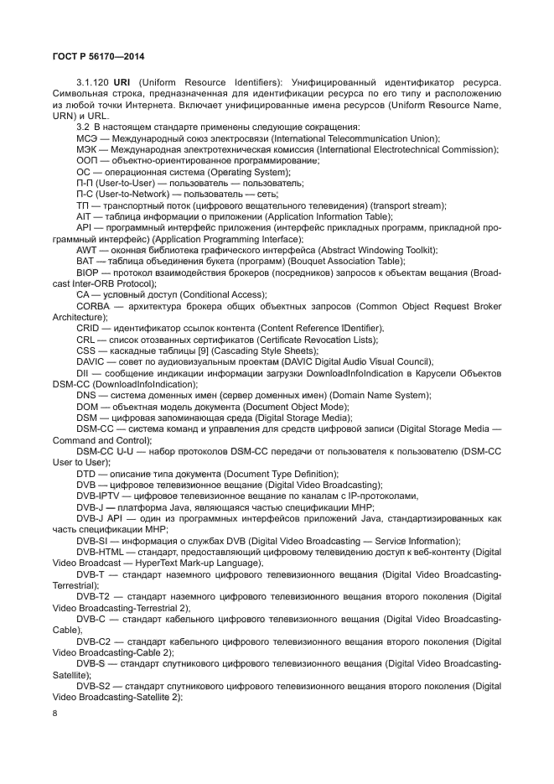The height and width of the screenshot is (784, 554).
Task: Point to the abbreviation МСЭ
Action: click(x=87, y=138)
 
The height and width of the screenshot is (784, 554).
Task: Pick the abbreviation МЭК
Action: click(x=87, y=149)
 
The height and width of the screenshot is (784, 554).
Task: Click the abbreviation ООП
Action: click(x=87, y=160)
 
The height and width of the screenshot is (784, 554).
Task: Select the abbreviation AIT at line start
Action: click(x=83, y=215)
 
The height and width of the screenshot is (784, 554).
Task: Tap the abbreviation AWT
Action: click(x=85, y=250)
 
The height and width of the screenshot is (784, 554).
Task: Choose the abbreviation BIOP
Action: click(x=87, y=273)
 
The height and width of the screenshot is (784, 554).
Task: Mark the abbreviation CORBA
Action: click(x=92, y=306)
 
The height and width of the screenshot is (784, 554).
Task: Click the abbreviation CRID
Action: click(x=88, y=328)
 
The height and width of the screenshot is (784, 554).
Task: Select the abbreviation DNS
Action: click(x=86, y=395)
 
